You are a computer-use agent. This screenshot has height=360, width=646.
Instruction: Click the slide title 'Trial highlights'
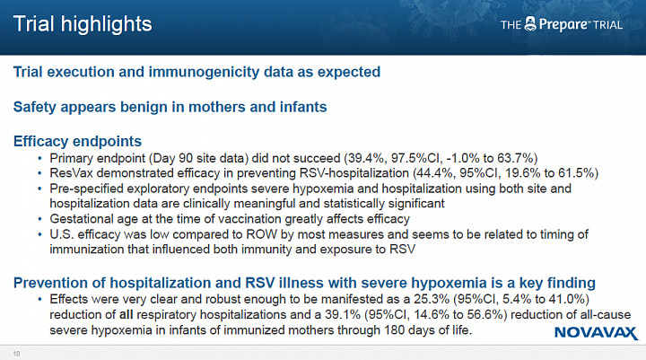click(x=83, y=24)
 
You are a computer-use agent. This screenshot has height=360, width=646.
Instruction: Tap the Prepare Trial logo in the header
click(x=561, y=24)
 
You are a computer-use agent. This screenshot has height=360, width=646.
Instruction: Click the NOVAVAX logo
click(x=596, y=332)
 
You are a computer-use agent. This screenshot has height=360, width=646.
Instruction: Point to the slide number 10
click(x=16, y=354)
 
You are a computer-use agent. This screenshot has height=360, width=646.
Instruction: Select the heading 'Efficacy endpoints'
click(x=77, y=141)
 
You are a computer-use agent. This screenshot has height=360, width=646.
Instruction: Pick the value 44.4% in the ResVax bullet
click(x=433, y=173)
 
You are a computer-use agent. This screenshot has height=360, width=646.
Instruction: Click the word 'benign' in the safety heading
click(x=145, y=107)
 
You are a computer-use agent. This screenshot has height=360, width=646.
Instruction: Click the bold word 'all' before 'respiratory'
click(x=127, y=314)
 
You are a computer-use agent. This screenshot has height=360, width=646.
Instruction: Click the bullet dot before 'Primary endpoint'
click(x=40, y=158)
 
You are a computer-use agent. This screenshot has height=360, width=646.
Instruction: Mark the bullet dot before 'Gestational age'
click(x=40, y=218)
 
